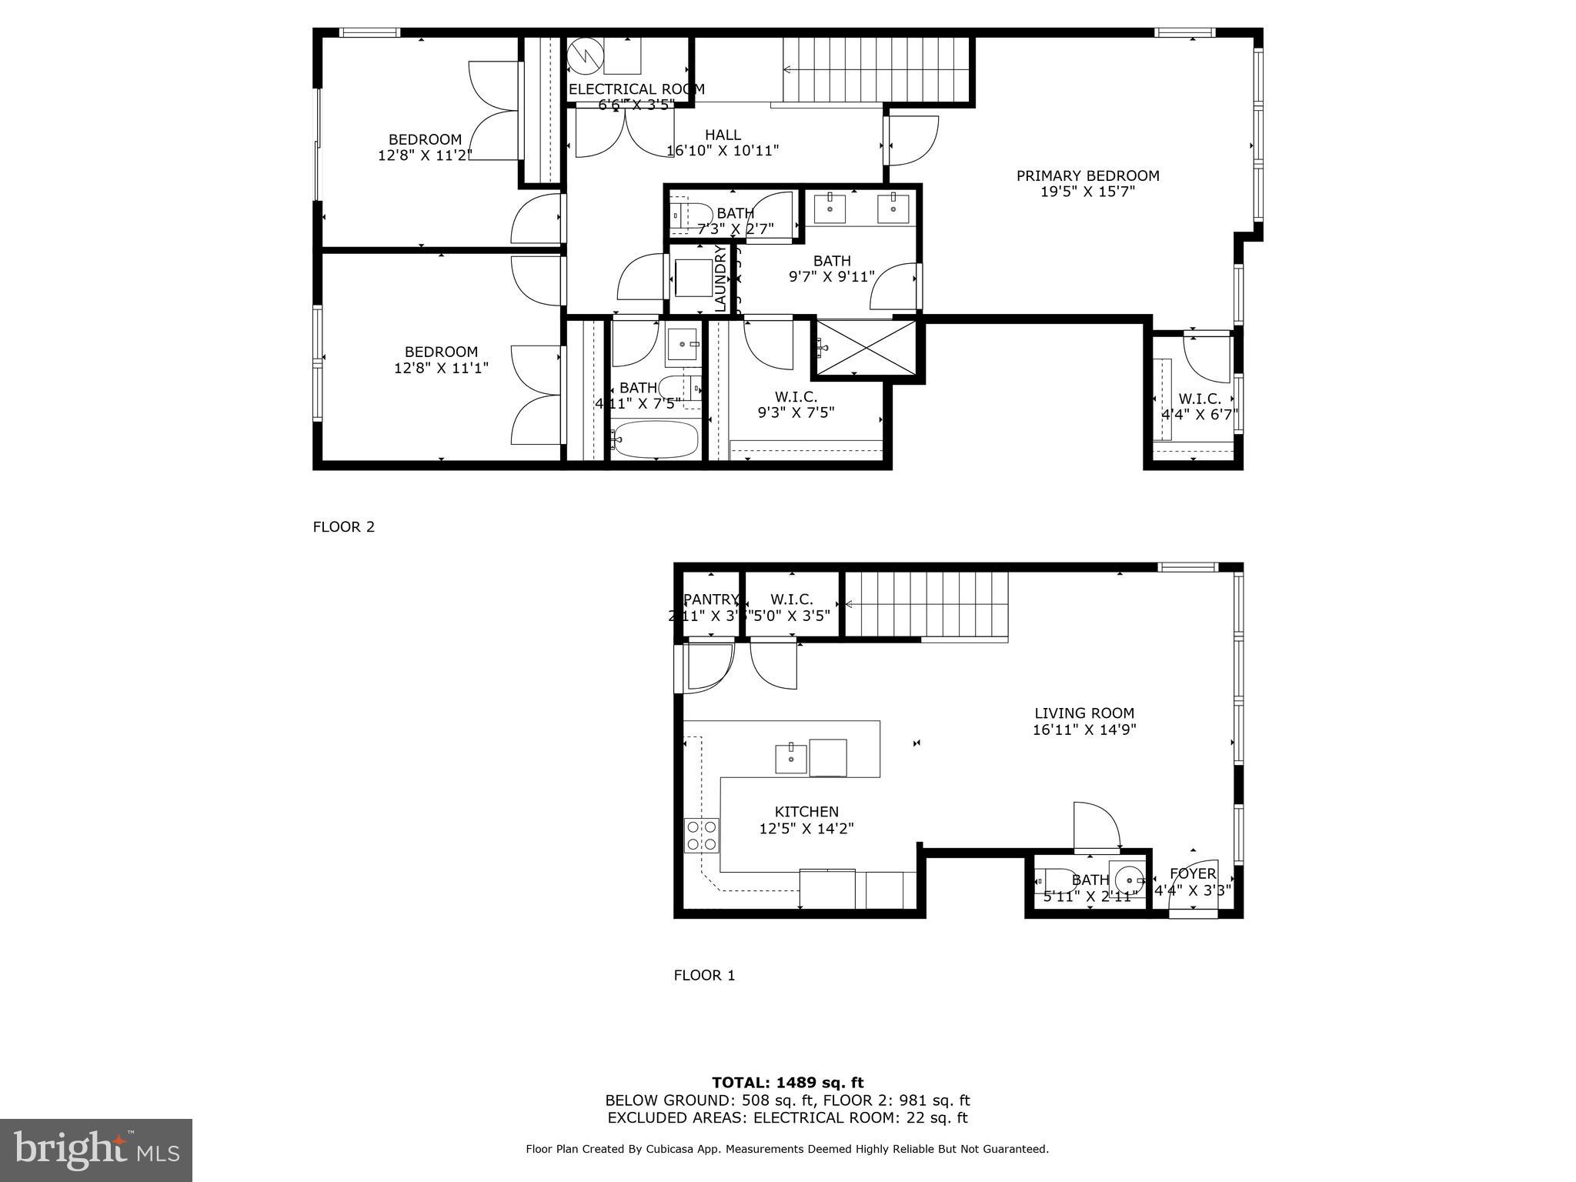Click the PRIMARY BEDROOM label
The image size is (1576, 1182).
[x=1087, y=176]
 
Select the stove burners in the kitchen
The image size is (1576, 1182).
[x=702, y=836]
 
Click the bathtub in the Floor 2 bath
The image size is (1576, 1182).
[x=656, y=439]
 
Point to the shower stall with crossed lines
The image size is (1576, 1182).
[x=866, y=348]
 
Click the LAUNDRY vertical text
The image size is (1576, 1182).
[x=720, y=278]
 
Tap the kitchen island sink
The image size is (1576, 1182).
[x=790, y=758]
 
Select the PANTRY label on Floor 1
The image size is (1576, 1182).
[x=711, y=599]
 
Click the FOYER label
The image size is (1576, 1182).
[x=1193, y=873]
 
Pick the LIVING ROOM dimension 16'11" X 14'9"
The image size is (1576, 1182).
[x=1084, y=730]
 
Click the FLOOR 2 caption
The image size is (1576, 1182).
[x=343, y=527]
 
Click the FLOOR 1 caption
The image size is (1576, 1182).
[x=704, y=976]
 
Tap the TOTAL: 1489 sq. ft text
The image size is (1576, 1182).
[x=787, y=1083]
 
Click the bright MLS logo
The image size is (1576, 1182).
[x=96, y=1150]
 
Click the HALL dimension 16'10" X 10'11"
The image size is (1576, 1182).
[x=723, y=151]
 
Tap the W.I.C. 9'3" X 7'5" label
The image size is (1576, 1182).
[x=796, y=405]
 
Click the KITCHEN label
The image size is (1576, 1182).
[x=806, y=812]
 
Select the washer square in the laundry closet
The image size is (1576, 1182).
[x=693, y=279]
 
